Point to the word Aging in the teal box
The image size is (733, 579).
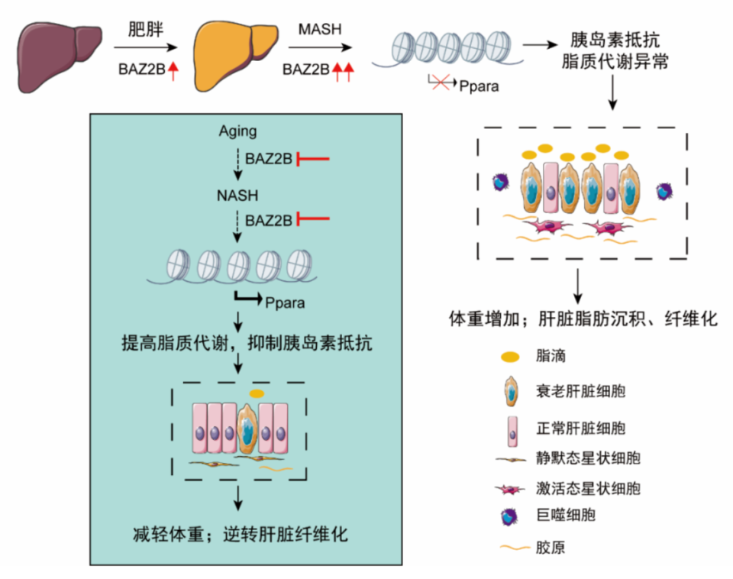[x=237, y=131]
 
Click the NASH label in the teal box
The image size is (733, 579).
[x=237, y=196]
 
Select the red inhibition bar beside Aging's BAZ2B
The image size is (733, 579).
[x=314, y=159]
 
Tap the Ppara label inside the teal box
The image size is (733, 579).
[x=285, y=302]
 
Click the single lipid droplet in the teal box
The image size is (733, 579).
[x=257, y=393]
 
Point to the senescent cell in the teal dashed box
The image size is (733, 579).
[x=247, y=432]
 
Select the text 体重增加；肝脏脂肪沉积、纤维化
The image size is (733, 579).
[x=583, y=319]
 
